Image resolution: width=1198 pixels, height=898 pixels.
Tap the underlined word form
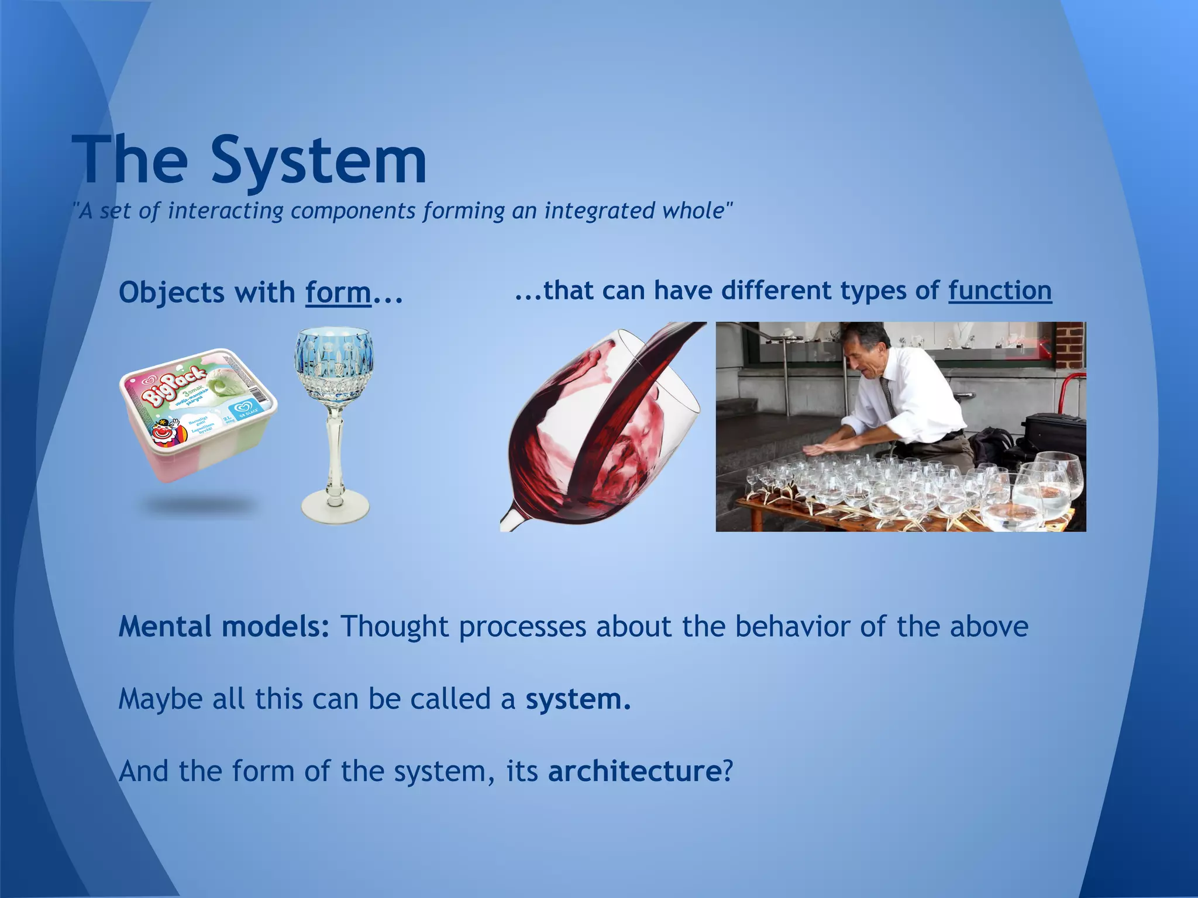338,292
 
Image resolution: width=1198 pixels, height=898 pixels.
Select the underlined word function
1000,291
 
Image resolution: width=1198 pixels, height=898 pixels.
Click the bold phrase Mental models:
224,627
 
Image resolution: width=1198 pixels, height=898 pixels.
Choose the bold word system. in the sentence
578,699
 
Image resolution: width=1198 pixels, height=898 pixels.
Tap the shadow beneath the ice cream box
199,504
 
